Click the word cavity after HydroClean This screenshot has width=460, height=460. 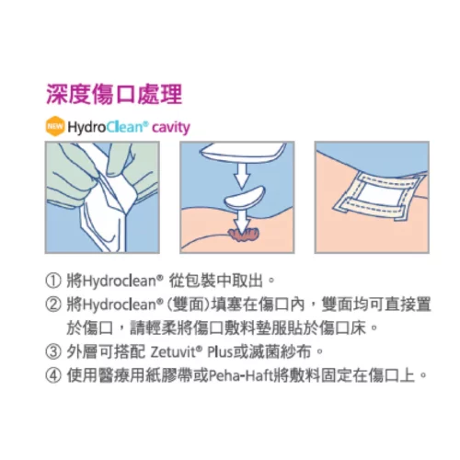[x=171, y=127]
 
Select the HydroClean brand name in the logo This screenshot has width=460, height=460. [x=108, y=127]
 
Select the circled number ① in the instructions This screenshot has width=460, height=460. [x=51, y=282]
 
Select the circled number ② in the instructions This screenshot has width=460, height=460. [x=51, y=304]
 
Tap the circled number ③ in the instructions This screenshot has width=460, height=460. [x=51, y=351]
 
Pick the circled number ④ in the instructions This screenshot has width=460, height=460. [x=51, y=374]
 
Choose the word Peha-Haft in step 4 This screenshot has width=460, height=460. [x=240, y=374]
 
